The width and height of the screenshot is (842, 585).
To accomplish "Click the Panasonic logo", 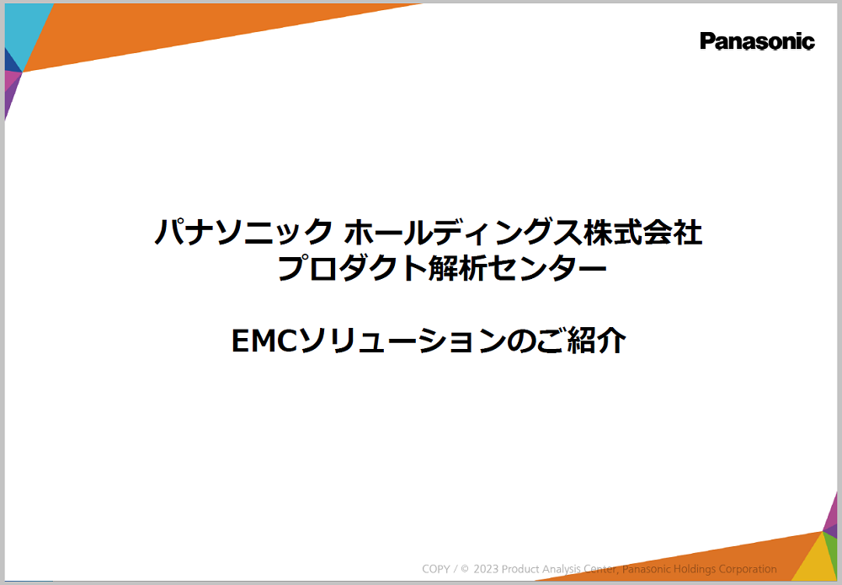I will (757, 41).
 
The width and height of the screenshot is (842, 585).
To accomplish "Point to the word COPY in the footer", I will (437, 569).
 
